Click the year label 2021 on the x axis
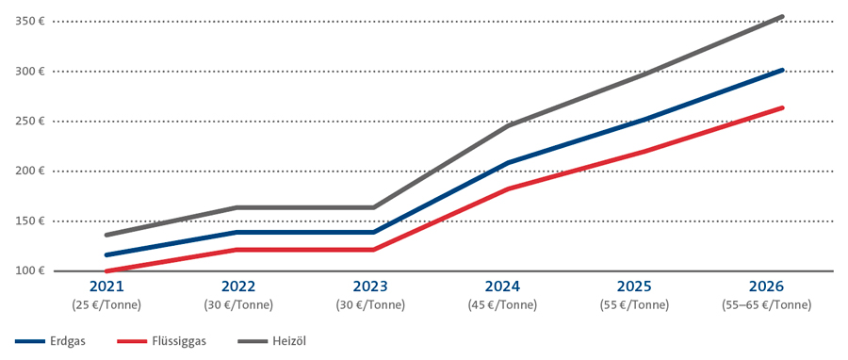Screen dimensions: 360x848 pyautogui.click(x=106, y=286)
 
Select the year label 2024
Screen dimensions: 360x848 pyautogui.click(x=509, y=286)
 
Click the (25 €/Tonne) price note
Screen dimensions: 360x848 pyautogui.click(x=106, y=304)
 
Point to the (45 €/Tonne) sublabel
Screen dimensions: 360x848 pyautogui.click(x=509, y=304)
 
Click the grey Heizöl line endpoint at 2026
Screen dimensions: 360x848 pyautogui.click(x=782, y=16)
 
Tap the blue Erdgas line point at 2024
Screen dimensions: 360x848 pyautogui.click(x=509, y=163)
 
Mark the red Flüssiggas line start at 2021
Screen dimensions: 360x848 pyautogui.click(x=106, y=270)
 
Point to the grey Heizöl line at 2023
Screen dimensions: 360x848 pyautogui.click(x=374, y=207)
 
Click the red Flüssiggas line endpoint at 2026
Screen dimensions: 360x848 pyautogui.click(x=782, y=107)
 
